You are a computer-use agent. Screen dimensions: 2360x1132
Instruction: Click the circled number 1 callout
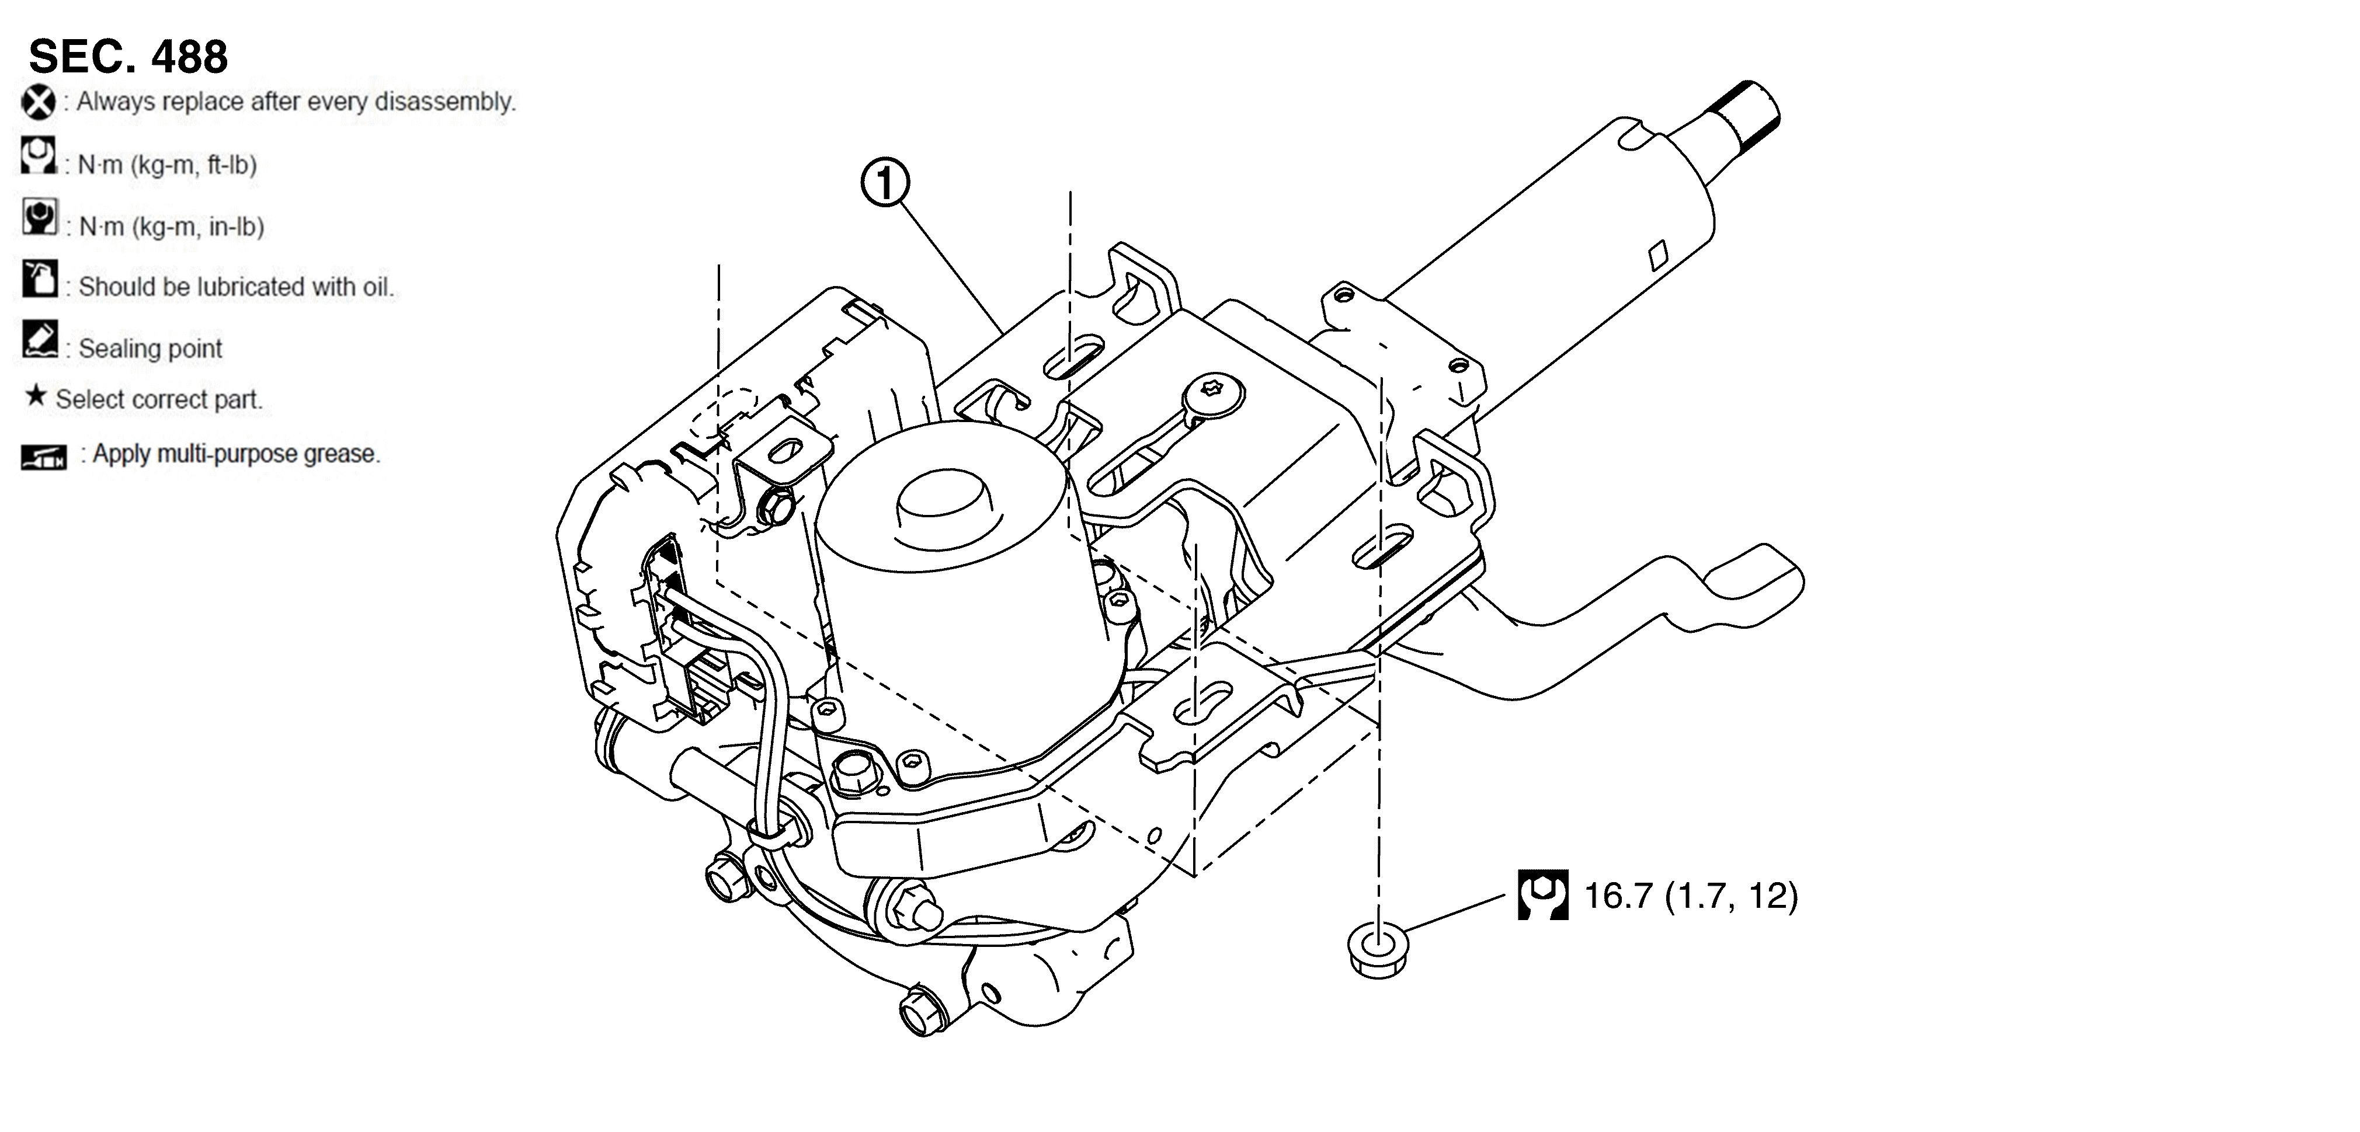click(884, 184)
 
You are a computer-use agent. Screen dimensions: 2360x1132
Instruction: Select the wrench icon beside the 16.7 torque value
click(1543, 895)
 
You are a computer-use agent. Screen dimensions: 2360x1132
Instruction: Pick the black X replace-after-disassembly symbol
click(39, 102)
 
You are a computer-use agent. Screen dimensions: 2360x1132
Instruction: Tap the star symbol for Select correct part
click(36, 396)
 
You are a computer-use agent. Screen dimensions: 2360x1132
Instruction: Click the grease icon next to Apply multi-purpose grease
click(44, 456)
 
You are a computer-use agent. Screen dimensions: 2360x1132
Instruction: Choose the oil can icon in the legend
click(39, 278)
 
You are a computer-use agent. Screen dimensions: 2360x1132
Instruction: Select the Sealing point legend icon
click(39, 339)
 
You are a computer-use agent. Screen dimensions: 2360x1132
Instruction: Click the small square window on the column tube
click(1658, 256)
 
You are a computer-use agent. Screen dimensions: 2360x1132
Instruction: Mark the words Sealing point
click(150, 349)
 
